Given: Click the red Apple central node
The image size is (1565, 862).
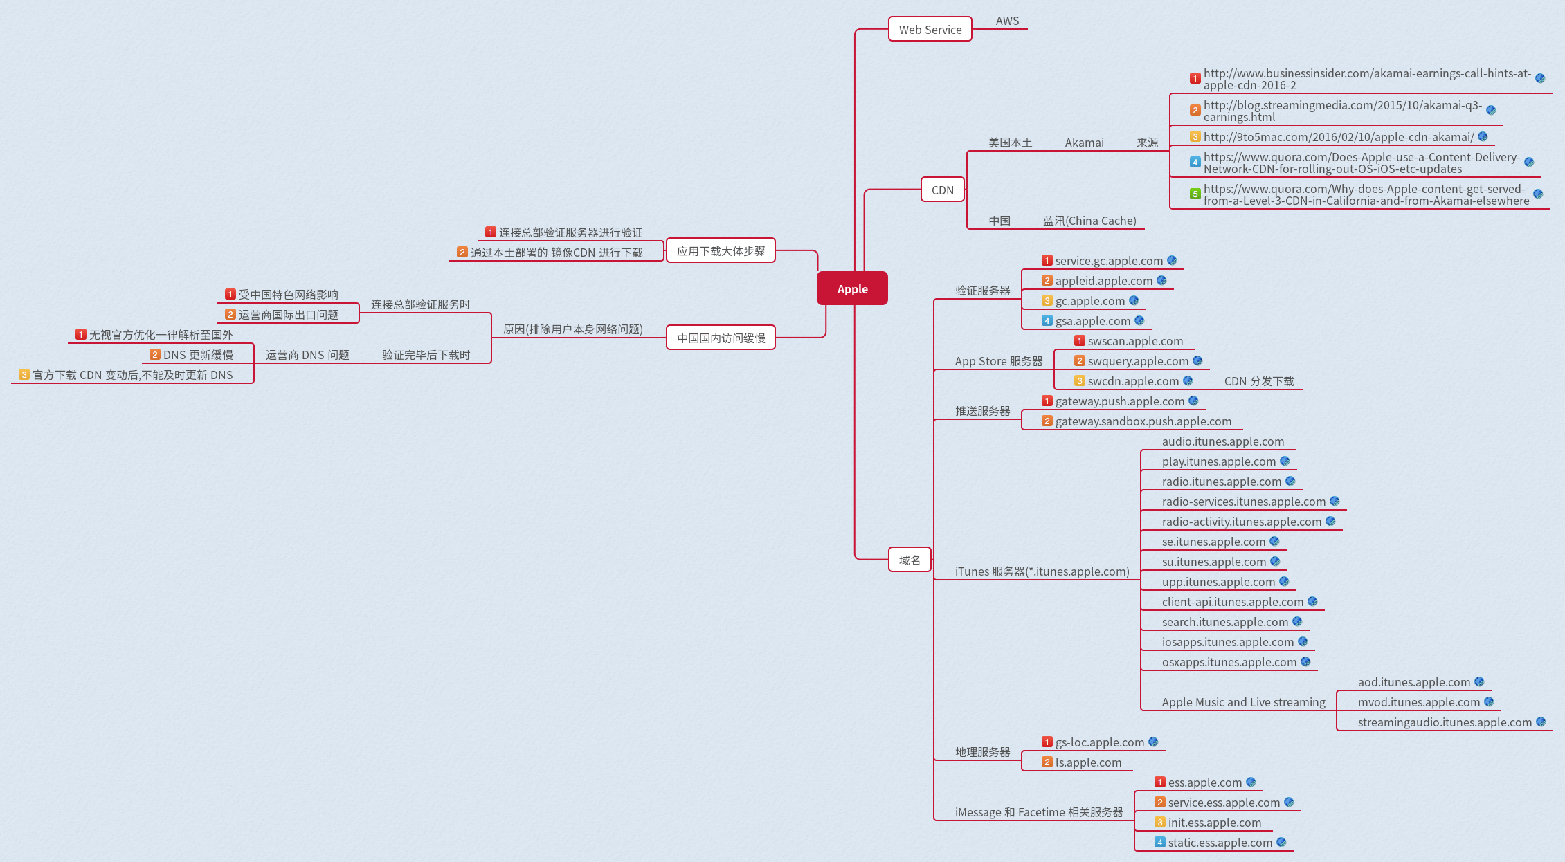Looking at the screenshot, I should [x=852, y=288].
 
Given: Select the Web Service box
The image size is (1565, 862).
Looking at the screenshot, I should [x=930, y=29].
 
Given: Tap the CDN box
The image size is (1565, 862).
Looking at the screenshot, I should [x=942, y=190].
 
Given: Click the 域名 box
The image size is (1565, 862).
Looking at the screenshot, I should [x=910, y=560].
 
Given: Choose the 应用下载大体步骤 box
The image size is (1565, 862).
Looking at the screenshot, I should [x=721, y=250].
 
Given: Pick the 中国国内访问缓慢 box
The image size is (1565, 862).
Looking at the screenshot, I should [x=721, y=338].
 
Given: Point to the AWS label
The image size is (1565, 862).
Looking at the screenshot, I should [x=1007, y=21].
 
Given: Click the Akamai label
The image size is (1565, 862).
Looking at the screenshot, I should [x=1084, y=143].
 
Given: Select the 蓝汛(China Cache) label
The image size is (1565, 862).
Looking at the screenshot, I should [x=1089, y=221].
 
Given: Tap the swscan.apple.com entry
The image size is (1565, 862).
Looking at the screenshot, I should [x=1135, y=341].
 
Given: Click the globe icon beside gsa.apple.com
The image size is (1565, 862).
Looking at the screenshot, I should [x=1139, y=320].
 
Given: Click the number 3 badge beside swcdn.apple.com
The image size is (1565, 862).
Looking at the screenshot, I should [x=1079, y=380].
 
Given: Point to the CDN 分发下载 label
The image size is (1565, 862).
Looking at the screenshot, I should [x=1258, y=381].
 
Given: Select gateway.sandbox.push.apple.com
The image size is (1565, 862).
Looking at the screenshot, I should [x=1143, y=421].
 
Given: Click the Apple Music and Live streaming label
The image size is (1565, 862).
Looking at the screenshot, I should [x=1243, y=702].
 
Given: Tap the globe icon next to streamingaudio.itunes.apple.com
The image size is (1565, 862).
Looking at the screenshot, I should [x=1541, y=722].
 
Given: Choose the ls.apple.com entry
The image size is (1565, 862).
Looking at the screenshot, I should [x=1088, y=762].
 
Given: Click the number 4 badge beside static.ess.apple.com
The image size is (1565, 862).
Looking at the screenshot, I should [x=1159, y=842].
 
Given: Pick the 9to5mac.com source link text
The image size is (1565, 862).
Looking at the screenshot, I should [x=1338, y=137].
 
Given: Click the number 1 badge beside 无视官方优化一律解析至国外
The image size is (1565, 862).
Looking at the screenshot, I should [x=81, y=334].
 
